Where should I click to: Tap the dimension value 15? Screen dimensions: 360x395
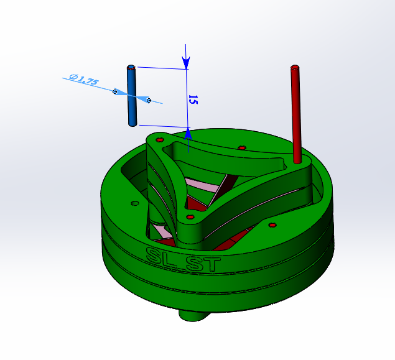[193, 100]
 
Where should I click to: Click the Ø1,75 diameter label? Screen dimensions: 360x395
[85, 80]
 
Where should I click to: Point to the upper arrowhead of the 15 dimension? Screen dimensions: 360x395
[187, 63]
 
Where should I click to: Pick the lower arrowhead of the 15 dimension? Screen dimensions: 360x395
[188, 132]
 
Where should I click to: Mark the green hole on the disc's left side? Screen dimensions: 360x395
[134, 203]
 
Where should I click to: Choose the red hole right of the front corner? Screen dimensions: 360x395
[272, 224]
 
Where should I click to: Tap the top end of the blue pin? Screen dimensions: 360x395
[131, 66]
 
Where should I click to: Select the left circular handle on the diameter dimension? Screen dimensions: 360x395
[115, 91]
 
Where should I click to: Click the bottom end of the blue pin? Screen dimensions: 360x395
[132, 124]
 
